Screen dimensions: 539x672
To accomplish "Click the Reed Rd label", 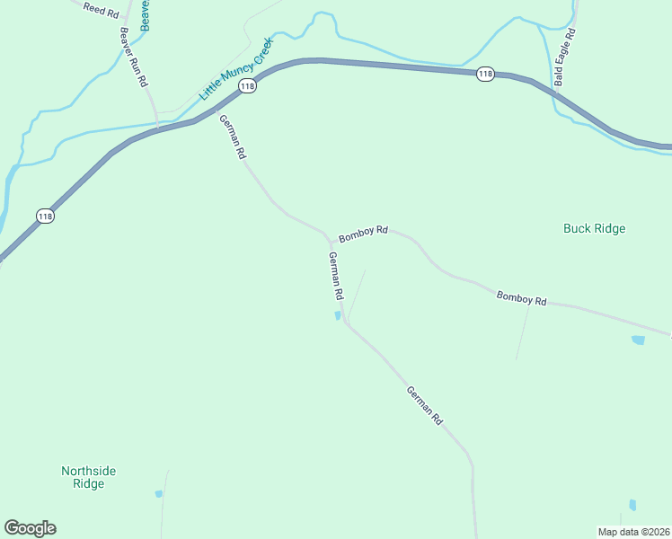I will point(100,10).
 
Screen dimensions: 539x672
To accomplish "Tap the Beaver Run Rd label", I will point(133,57).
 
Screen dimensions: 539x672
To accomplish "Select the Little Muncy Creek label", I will point(234,75).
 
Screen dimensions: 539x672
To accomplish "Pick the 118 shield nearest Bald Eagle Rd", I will point(485,74).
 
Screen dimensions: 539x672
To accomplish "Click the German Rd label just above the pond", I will point(336,276).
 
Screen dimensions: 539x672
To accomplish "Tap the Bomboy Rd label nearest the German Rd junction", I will point(363,233).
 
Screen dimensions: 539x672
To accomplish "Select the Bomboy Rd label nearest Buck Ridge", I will point(521,297).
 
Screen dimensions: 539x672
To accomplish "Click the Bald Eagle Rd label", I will point(563,57).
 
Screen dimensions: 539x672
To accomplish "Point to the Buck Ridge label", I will point(594,228).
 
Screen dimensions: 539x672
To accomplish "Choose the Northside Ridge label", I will point(88,477).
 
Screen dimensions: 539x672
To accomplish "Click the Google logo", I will point(30,528).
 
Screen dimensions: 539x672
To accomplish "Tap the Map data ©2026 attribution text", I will point(634,531).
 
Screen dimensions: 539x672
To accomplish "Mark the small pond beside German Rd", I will point(338,315).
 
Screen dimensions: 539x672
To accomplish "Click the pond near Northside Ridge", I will point(159,493).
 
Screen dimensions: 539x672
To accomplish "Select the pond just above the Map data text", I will point(632,505).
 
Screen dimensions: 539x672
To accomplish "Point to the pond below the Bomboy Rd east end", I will point(638,340).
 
